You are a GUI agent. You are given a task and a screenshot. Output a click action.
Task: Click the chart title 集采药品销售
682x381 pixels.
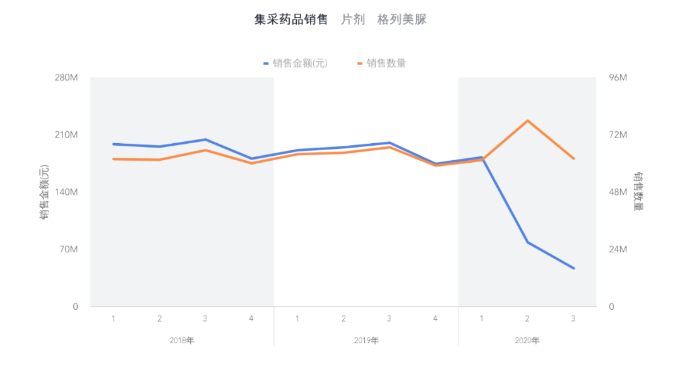coord(291,20)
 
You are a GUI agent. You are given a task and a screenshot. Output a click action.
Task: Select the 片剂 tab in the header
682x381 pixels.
coord(353,20)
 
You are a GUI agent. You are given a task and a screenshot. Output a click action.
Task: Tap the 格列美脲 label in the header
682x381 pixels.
coord(402,20)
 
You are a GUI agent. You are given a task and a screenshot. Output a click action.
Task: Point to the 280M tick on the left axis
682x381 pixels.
coord(66,78)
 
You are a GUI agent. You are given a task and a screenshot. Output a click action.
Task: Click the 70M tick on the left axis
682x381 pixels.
coord(68,249)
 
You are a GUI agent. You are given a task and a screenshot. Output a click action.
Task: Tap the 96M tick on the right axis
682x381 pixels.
coord(617,78)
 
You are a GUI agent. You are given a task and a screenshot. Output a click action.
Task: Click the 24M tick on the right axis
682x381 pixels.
coord(617,249)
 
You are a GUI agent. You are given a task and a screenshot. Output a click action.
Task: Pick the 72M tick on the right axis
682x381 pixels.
coord(617,135)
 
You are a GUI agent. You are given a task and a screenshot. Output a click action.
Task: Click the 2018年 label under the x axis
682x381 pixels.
coord(182,341)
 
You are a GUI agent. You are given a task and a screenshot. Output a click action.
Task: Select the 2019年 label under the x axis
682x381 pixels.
coord(366,341)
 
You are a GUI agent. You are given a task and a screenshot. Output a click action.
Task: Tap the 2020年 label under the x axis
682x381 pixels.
coord(527,341)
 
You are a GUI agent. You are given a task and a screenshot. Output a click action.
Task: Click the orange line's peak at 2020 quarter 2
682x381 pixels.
coord(527,120)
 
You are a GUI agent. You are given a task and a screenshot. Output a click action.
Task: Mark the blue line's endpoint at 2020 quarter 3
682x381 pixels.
coord(573,268)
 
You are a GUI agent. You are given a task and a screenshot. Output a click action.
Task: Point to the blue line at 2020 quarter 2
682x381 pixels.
coord(527,242)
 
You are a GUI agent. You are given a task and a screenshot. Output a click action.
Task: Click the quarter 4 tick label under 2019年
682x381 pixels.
coord(435,319)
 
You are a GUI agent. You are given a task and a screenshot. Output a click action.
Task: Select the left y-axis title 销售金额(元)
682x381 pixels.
coord(44,192)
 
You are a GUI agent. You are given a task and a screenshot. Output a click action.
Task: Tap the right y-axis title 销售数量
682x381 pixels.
coord(639,192)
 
